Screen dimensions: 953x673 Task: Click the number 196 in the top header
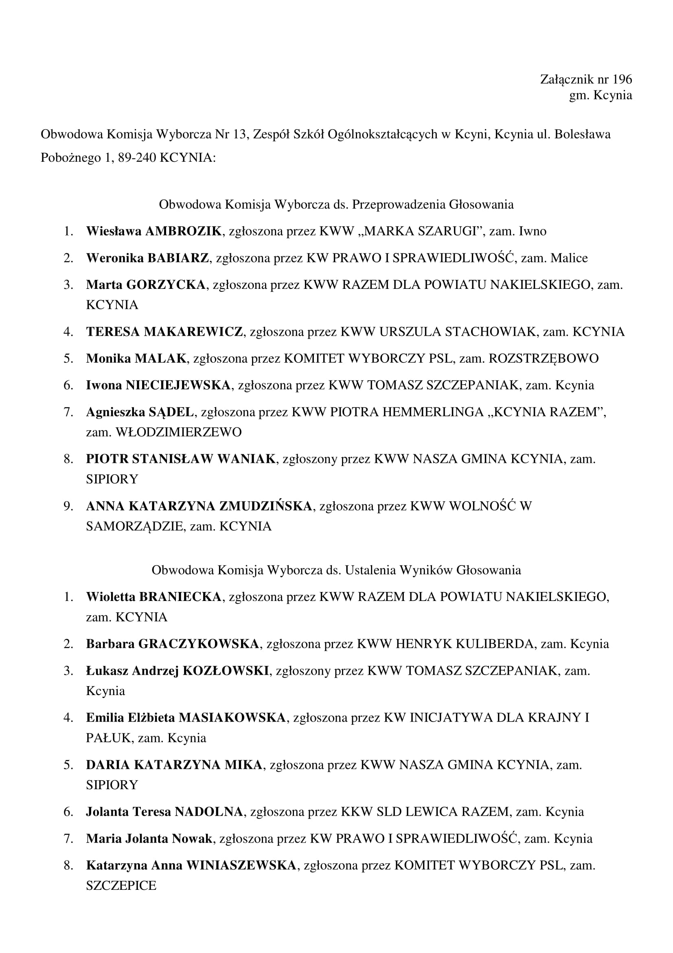click(622, 79)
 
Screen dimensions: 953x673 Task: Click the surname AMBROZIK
click(183, 231)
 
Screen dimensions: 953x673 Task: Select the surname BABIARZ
click(178, 258)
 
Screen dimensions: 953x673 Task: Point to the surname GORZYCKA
click(166, 285)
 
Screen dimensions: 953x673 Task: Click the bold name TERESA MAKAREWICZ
click(164, 332)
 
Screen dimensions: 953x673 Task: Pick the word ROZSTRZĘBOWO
click(544, 358)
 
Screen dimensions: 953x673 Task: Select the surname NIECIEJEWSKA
click(178, 385)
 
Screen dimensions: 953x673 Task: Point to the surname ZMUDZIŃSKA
click(265, 506)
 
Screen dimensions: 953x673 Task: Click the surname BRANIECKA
click(180, 597)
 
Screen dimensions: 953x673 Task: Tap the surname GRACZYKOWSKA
click(199, 644)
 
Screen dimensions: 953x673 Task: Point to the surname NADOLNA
click(208, 812)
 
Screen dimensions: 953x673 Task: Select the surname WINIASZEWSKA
click(241, 865)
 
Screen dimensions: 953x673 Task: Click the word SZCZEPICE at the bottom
click(121, 885)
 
